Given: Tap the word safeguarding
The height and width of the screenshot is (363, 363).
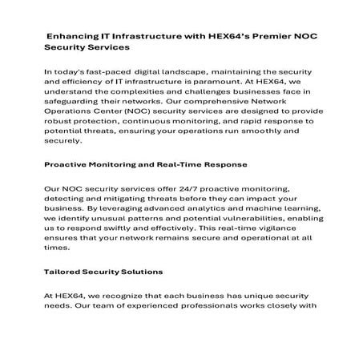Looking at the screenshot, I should (76, 105).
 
